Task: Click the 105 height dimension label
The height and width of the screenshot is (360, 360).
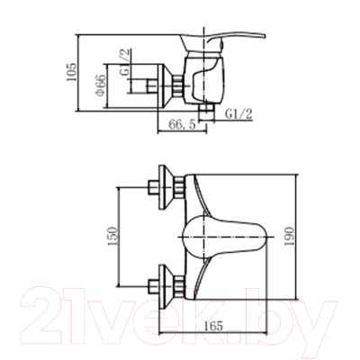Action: point(71,72)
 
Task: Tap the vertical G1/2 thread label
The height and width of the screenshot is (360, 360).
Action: point(125,62)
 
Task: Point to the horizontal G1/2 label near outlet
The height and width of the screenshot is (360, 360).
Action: point(239,114)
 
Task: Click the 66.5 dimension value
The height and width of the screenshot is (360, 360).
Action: point(182,124)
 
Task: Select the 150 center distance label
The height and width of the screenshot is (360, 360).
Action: point(112,237)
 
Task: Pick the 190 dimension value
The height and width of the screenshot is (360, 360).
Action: point(289,237)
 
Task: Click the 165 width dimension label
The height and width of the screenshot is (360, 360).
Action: point(213,325)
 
